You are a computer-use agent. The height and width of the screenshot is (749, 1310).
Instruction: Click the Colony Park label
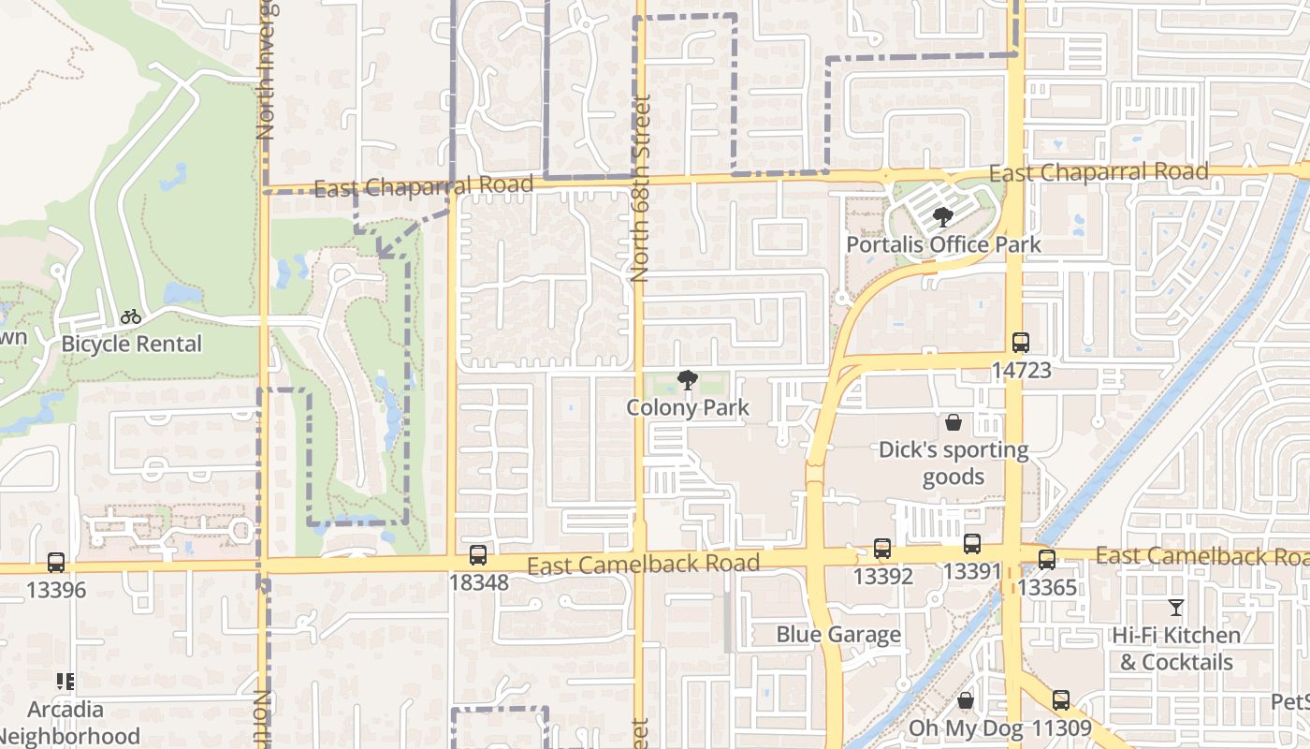(x=688, y=407)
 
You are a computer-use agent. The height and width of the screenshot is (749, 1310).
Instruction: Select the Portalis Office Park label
(x=943, y=244)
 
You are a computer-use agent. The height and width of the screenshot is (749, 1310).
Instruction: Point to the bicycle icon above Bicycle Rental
(x=131, y=317)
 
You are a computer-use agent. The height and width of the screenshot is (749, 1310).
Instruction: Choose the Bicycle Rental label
(x=131, y=344)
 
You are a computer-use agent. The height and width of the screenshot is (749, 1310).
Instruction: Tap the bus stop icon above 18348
(x=477, y=555)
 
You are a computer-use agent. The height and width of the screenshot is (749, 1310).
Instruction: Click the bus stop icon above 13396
(x=56, y=563)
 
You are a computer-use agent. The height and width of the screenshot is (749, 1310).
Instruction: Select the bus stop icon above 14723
(x=1020, y=343)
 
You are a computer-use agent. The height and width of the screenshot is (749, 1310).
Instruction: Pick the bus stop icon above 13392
(x=881, y=549)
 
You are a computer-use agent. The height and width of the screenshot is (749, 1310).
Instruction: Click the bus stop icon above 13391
(x=971, y=544)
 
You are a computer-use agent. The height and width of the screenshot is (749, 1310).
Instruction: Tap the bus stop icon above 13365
(x=1046, y=560)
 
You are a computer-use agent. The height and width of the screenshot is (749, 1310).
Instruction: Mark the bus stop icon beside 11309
(x=1060, y=700)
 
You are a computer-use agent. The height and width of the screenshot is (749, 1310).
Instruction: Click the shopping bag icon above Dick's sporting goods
(x=953, y=423)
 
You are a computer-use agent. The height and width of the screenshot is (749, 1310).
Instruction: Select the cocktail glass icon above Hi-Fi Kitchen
(x=1176, y=608)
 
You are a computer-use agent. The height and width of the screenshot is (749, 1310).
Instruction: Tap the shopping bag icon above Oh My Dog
(x=966, y=701)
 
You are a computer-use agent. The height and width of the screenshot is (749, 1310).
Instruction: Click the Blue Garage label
(x=838, y=635)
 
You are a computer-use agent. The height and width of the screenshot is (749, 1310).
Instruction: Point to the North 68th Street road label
(x=640, y=187)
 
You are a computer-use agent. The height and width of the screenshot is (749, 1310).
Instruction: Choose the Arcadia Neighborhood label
(x=83, y=722)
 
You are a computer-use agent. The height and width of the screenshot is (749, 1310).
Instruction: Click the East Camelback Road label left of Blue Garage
(x=643, y=565)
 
